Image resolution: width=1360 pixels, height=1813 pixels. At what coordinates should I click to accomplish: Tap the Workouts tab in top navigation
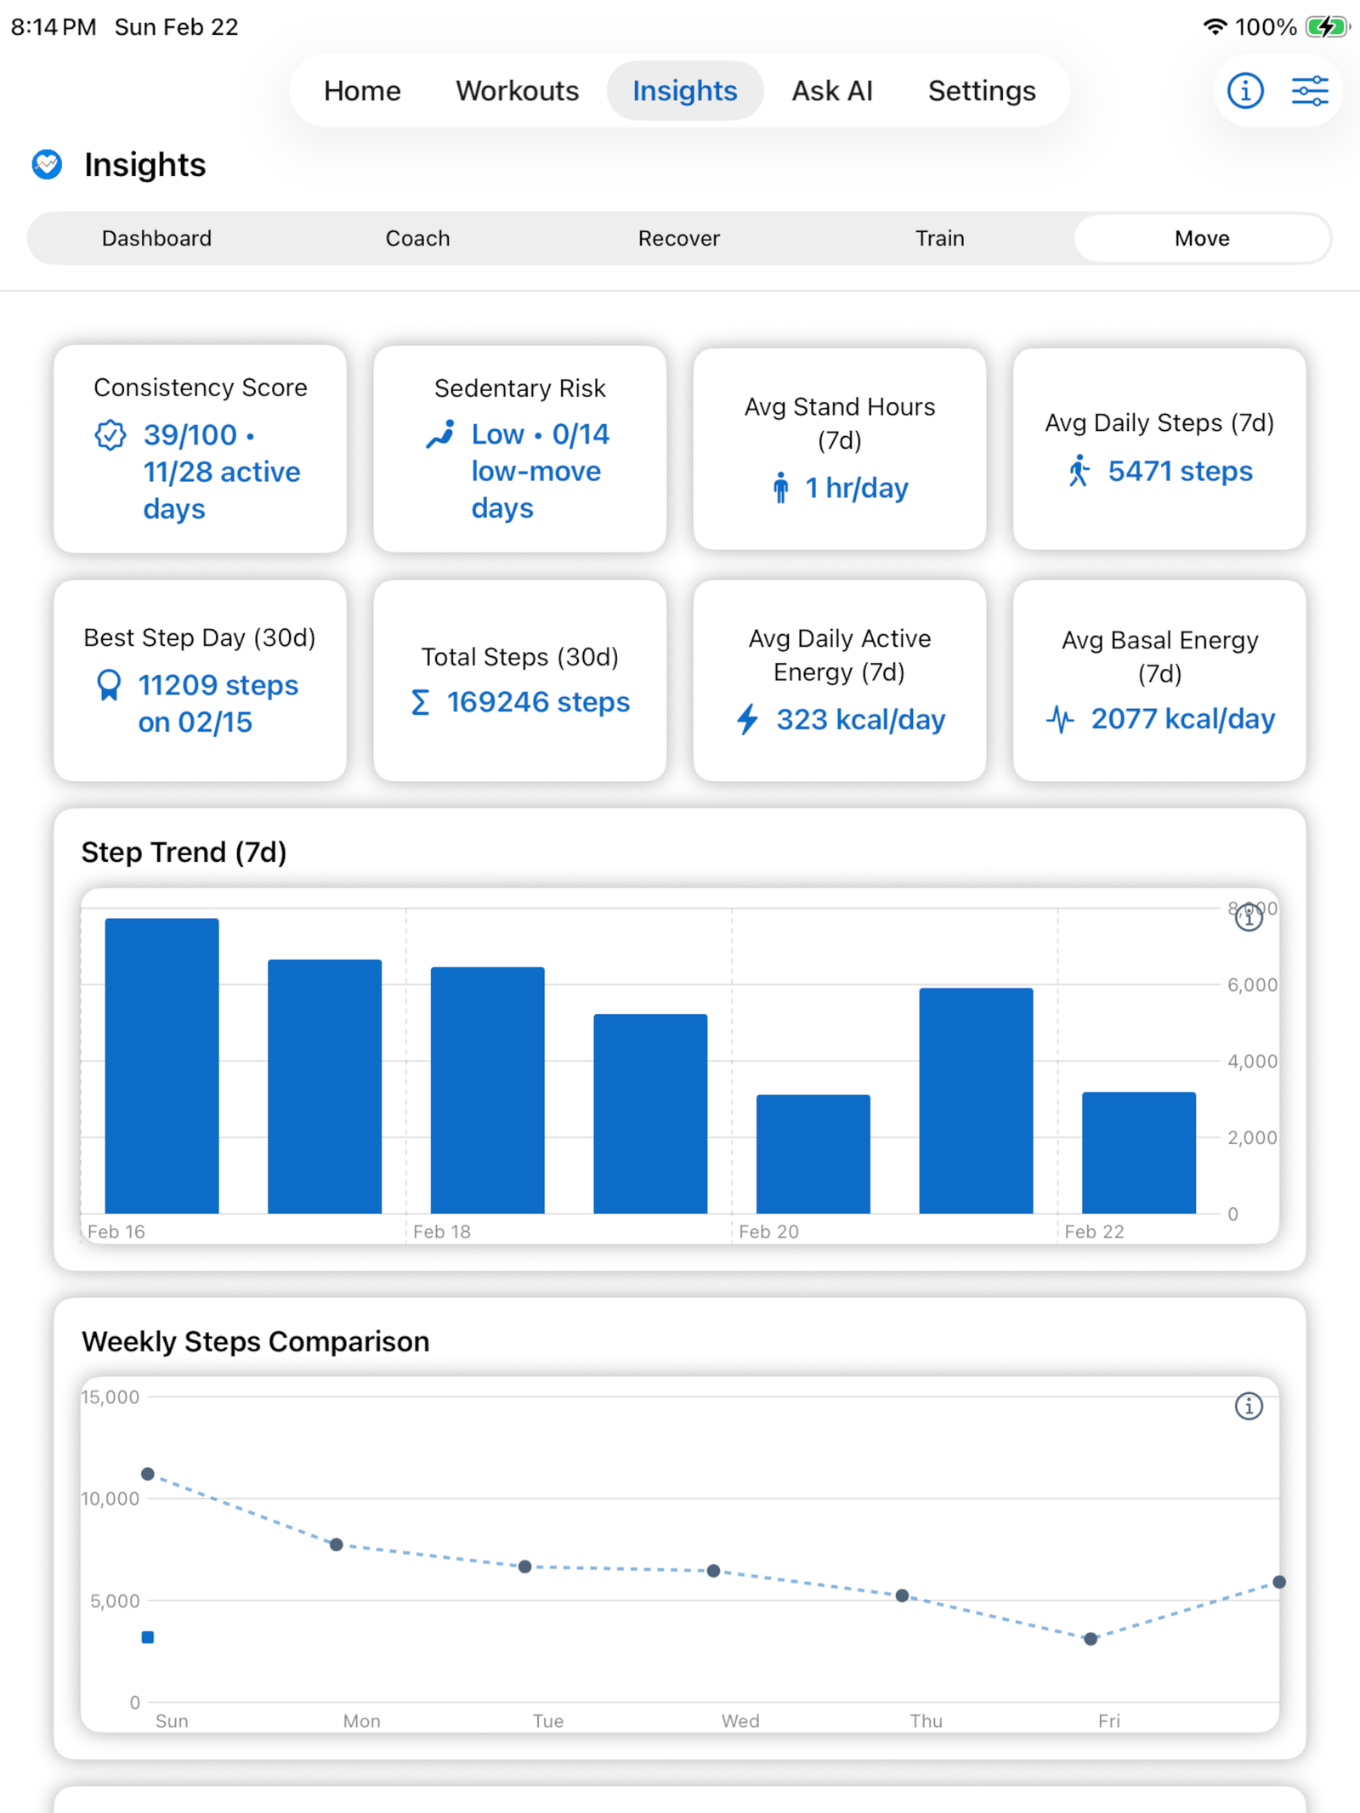point(517,91)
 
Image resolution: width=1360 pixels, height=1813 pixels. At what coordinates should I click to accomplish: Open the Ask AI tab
point(832,91)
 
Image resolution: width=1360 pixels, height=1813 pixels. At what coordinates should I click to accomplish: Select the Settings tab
point(981,91)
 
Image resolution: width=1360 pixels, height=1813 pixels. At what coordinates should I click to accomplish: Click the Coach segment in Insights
point(417,238)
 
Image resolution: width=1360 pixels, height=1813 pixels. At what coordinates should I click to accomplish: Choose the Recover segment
point(678,238)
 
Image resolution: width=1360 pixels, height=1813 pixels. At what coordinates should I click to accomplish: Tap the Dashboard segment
point(156,238)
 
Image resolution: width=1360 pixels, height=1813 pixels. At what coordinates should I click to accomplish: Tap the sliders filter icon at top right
point(1309,91)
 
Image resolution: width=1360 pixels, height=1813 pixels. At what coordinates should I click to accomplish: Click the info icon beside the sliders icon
point(1244,91)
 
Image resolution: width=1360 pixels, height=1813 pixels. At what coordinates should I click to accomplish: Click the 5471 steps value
point(1179,471)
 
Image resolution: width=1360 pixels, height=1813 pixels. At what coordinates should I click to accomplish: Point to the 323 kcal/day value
point(859,720)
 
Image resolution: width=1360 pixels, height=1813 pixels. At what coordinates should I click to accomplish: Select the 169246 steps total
point(537,702)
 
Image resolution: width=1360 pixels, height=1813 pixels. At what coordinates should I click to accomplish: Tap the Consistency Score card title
point(200,388)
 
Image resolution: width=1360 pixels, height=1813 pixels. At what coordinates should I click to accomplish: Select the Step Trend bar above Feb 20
point(813,1153)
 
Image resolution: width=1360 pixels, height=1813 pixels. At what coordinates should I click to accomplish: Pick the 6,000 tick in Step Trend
point(1251,985)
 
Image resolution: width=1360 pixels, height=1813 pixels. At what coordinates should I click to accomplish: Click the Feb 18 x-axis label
point(441,1232)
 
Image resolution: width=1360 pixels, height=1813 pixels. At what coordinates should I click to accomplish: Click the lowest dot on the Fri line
point(1091,1639)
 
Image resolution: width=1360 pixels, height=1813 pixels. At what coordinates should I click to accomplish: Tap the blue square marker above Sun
point(148,1637)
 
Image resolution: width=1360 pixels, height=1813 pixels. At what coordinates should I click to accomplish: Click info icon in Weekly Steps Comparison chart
point(1248,1406)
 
